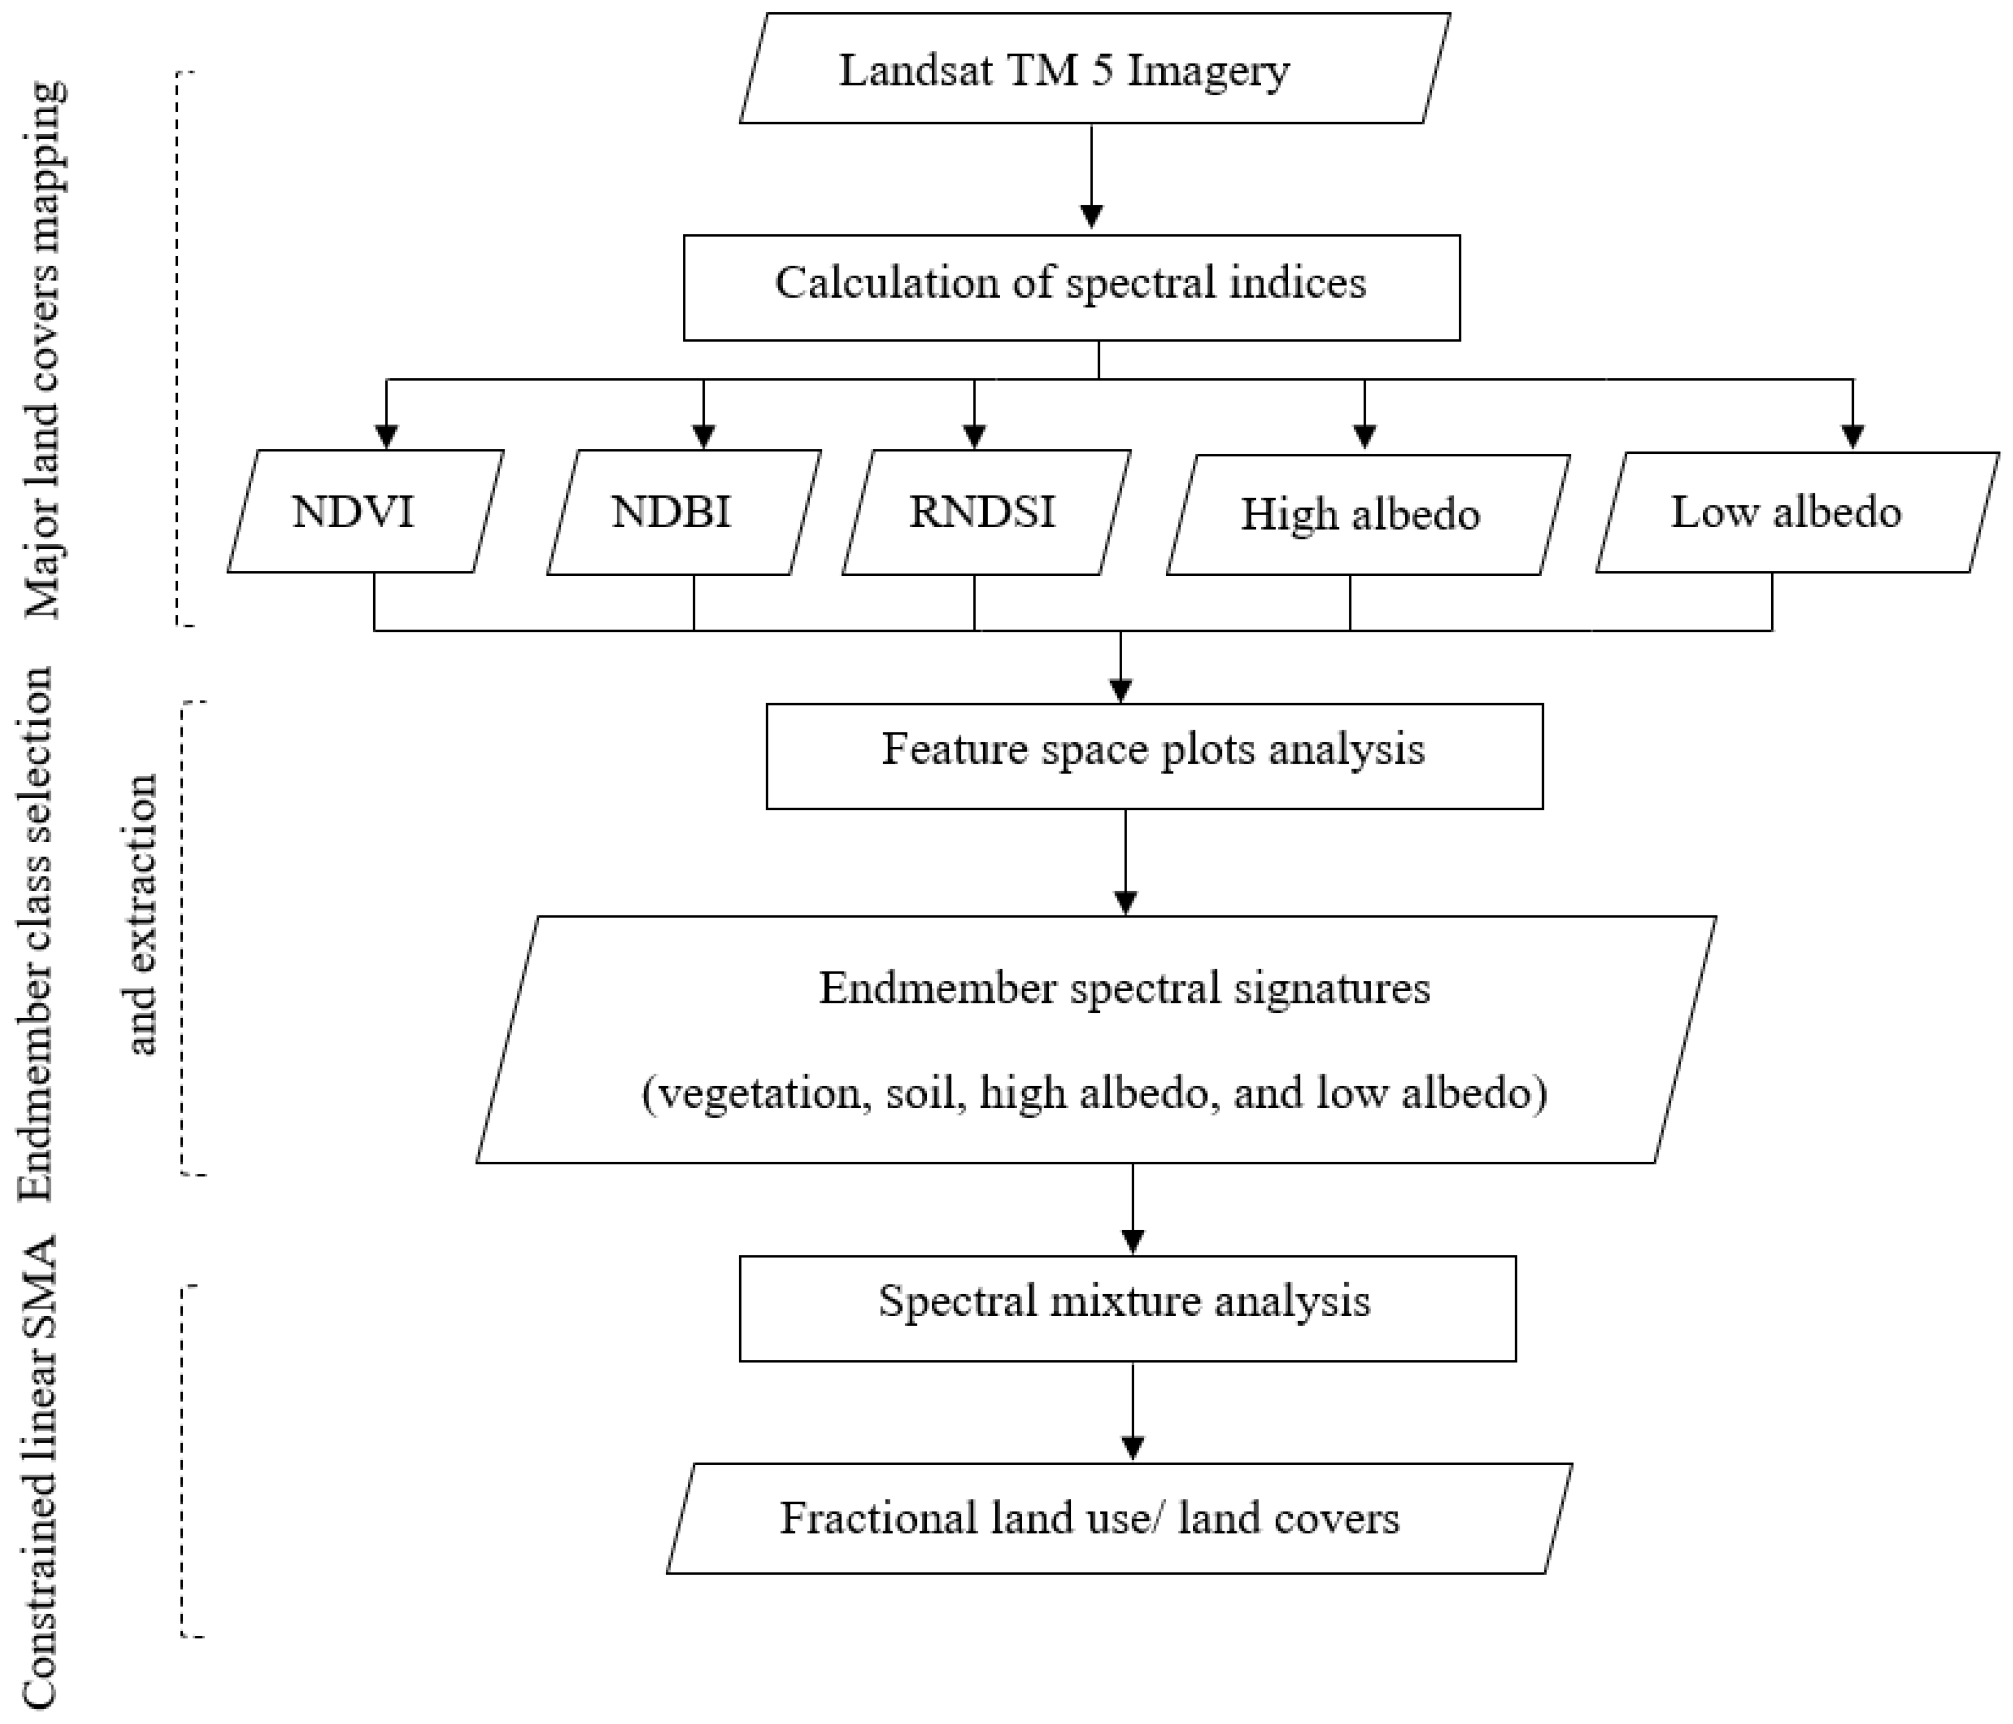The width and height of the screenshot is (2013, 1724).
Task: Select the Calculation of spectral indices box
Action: (1071, 287)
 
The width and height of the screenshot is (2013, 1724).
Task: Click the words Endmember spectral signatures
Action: (1124, 988)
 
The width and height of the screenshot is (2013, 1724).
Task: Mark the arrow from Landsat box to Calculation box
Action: (1092, 175)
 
